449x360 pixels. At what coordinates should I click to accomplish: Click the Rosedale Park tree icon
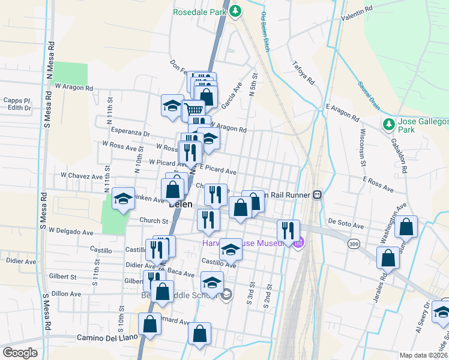(x=237, y=11)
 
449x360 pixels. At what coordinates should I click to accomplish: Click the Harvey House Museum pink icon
(x=298, y=243)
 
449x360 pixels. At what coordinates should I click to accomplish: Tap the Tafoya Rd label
(x=303, y=73)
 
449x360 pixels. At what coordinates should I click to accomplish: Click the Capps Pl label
(x=16, y=100)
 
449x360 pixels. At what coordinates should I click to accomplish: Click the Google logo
(x=20, y=353)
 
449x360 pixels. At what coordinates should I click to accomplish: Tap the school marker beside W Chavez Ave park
(x=123, y=199)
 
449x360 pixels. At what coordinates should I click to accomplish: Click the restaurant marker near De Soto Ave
(x=288, y=229)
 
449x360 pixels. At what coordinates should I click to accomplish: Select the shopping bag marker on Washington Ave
(x=406, y=227)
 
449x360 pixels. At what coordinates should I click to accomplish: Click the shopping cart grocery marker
(x=193, y=110)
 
